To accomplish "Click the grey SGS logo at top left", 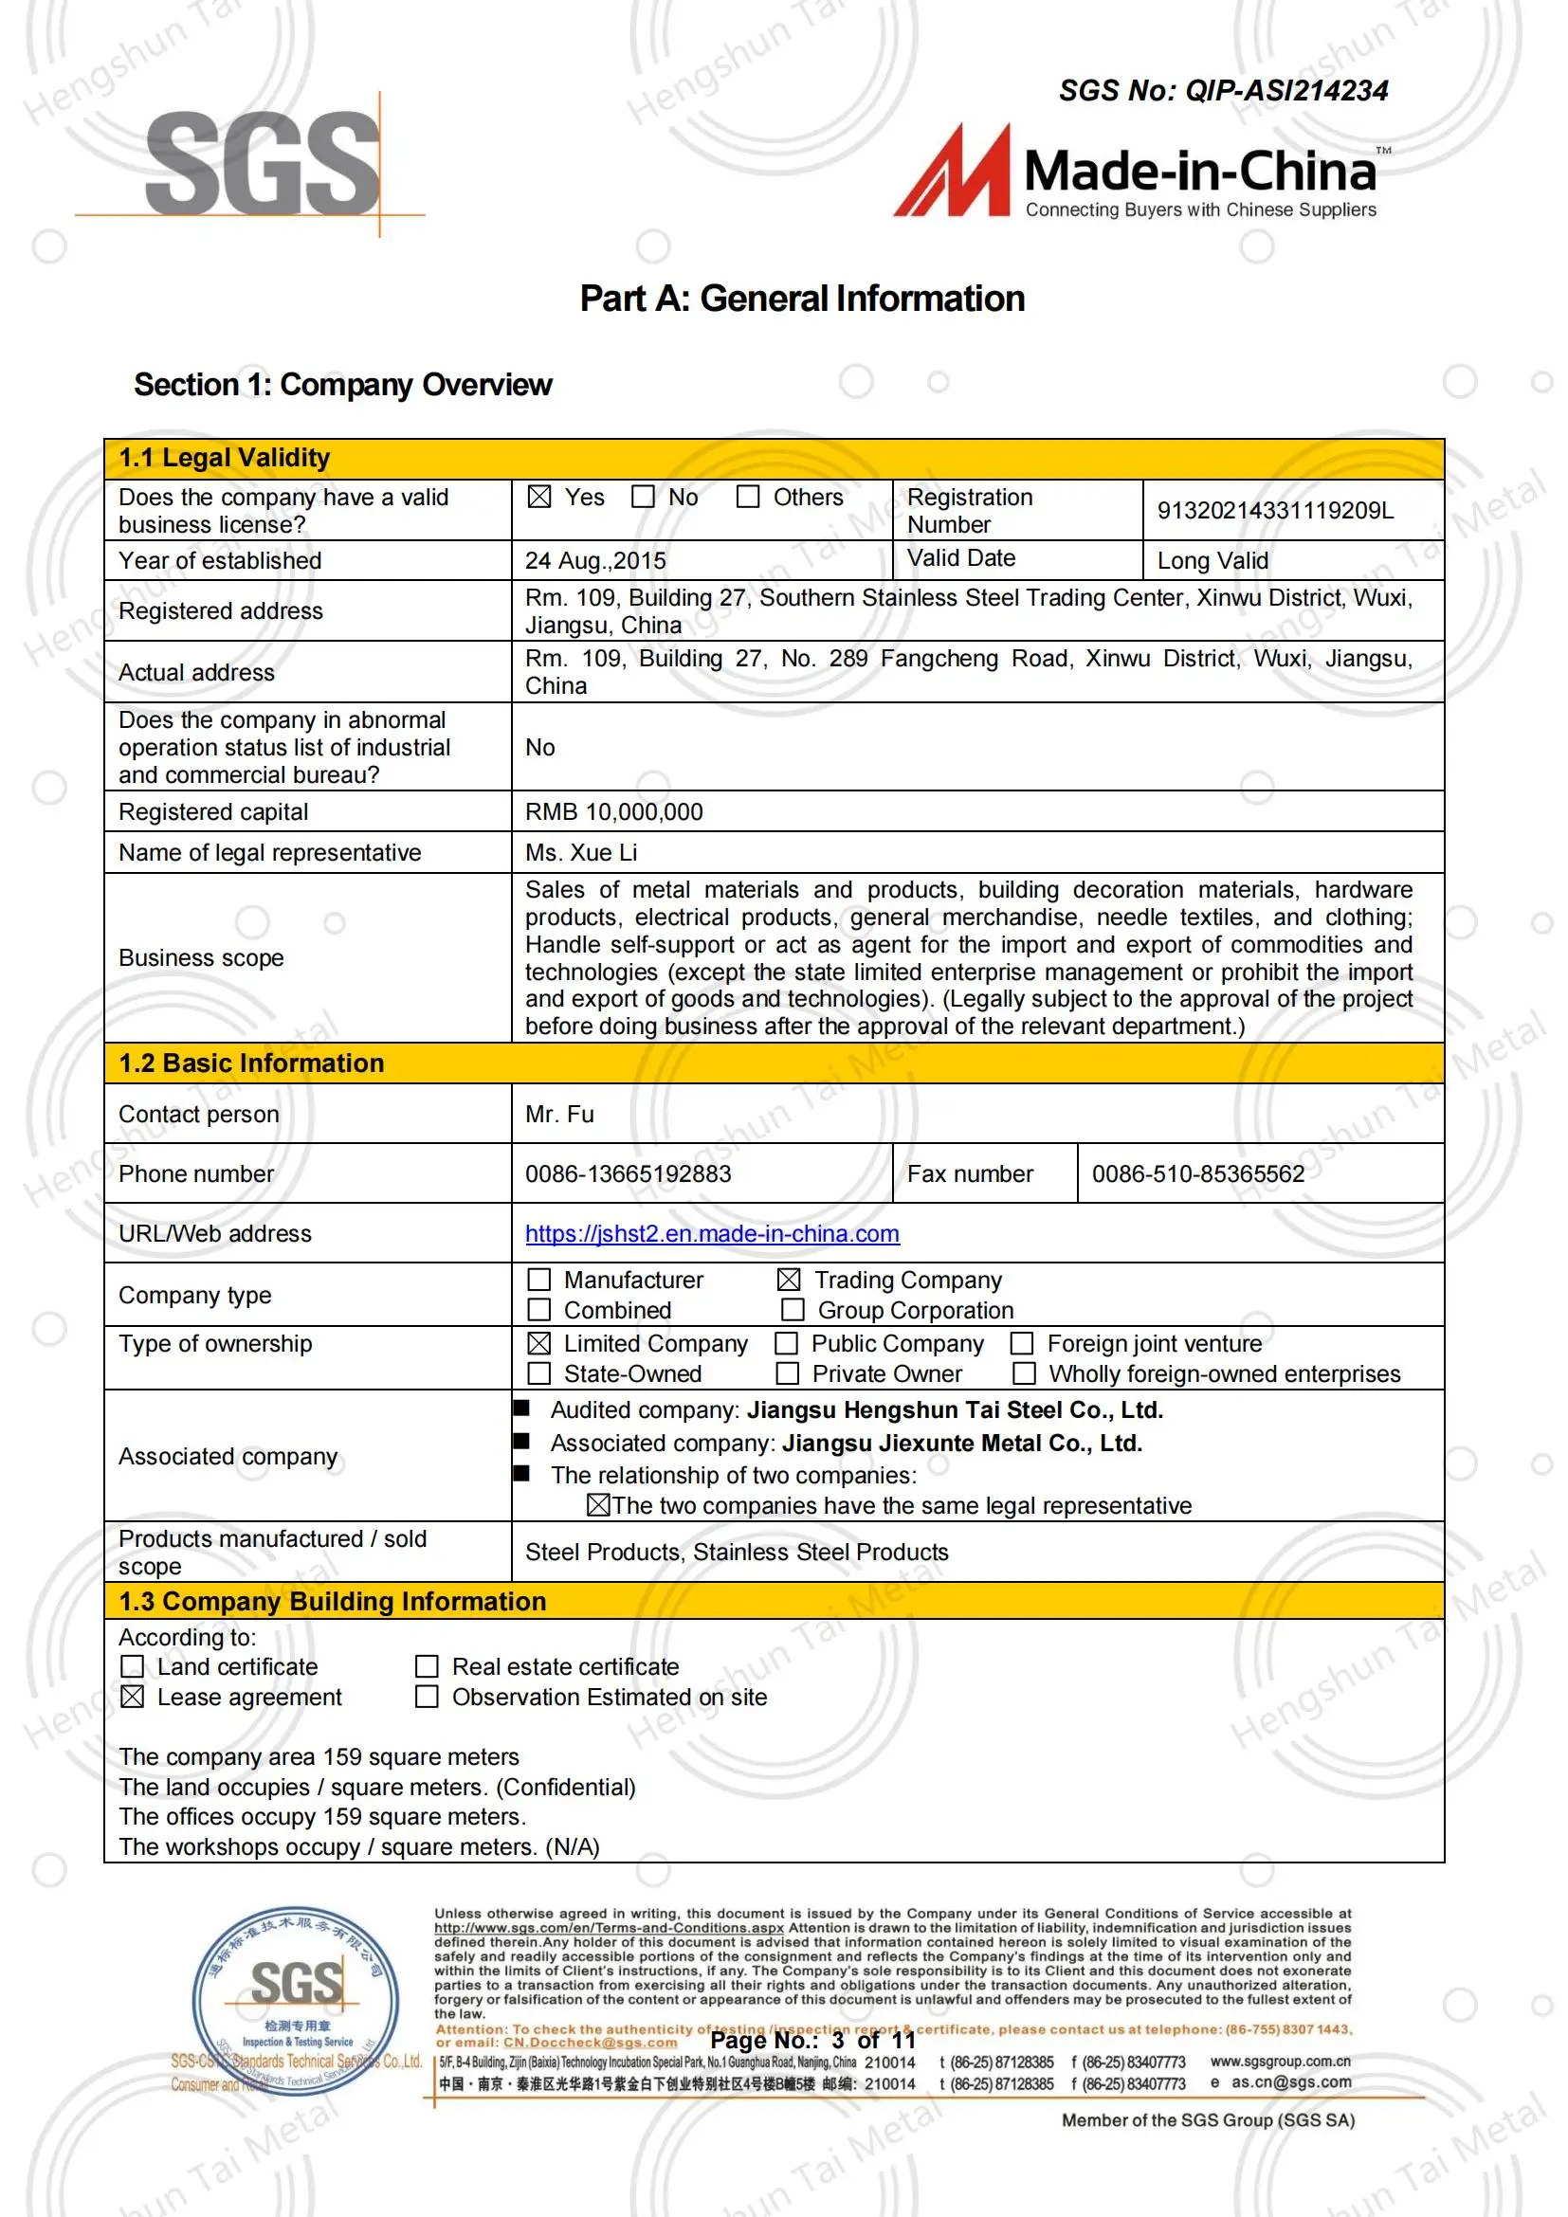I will click(263, 162).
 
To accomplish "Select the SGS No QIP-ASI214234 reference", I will click(1222, 91).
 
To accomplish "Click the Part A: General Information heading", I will click(801, 299).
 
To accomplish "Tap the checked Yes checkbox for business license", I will click(539, 498).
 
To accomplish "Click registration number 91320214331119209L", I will click(1274, 511).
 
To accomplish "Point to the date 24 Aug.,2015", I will click(594, 561).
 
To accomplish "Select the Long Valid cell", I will click(1212, 561).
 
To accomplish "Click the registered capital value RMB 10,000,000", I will click(613, 812).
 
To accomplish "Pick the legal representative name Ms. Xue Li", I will click(580, 853).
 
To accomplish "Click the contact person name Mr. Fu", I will click(559, 1115).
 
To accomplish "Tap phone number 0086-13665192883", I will click(628, 1174).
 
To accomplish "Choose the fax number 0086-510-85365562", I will click(1197, 1174).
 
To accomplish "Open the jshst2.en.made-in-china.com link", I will click(712, 1234).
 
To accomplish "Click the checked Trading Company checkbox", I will click(789, 1280).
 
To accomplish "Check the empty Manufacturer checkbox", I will click(539, 1280).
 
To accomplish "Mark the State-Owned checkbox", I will click(539, 1373).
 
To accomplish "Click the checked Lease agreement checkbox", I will click(133, 1697).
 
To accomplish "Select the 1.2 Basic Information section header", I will click(251, 1063).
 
